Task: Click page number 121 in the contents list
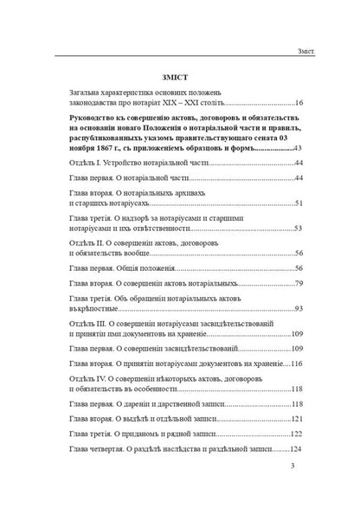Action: [296, 417]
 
